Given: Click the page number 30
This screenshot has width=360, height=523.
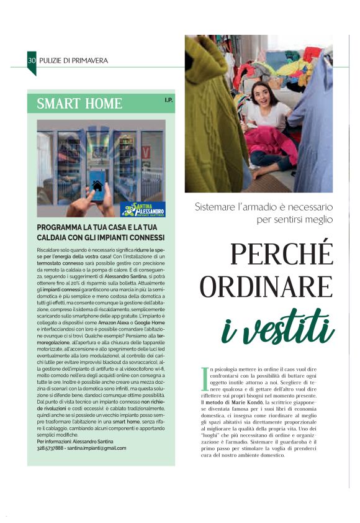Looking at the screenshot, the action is [x=31, y=60].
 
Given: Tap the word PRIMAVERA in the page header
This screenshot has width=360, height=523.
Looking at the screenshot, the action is [x=88, y=60].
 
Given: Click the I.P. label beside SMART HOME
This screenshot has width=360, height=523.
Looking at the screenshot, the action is [x=168, y=100].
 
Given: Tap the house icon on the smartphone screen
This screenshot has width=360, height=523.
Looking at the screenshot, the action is [x=97, y=185].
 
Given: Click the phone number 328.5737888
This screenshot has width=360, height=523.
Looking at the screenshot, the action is [x=56, y=448].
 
